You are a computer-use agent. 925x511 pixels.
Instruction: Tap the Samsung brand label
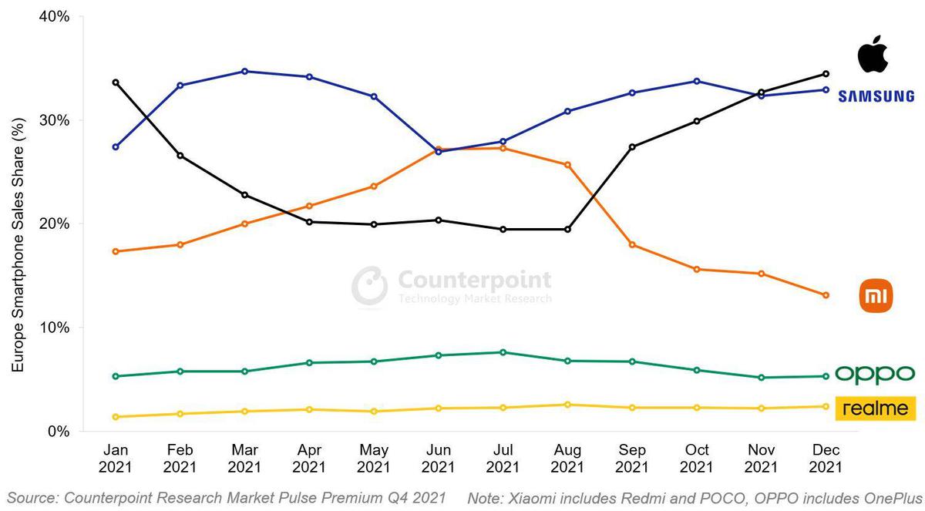coord(876,96)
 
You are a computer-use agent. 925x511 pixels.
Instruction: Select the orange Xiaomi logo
coord(876,296)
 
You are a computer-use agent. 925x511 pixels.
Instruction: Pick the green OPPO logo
coord(875,375)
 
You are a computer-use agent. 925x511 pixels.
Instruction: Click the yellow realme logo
coord(875,408)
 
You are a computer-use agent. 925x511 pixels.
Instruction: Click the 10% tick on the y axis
coord(54,328)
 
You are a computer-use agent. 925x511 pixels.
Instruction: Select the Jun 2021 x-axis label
coord(438,458)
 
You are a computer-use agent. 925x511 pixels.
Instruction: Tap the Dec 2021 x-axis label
coord(826,458)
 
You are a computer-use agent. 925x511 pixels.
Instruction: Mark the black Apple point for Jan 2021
coord(116,82)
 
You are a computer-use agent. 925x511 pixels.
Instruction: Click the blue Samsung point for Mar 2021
coord(244,71)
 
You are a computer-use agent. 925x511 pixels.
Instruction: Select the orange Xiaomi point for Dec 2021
coord(826,295)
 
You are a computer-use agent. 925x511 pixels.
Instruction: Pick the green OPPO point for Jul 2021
coord(503,352)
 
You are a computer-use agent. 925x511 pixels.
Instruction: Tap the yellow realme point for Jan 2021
coord(116,417)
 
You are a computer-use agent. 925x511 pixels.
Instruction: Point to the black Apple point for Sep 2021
coord(632,146)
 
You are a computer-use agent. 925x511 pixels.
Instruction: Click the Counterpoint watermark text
coord(474,279)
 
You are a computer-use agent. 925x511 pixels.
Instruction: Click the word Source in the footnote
coord(33,498)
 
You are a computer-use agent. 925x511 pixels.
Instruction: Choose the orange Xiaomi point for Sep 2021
coord(632,245)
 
